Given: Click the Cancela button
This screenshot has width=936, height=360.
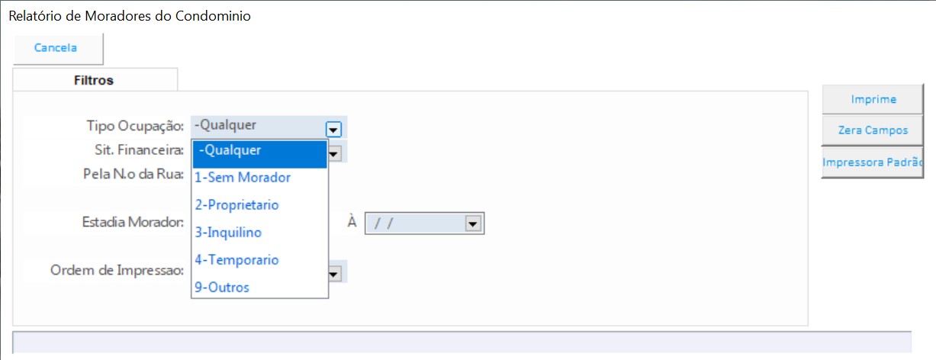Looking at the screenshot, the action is point(58,49).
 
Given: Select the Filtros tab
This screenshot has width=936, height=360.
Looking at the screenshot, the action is point(95,80).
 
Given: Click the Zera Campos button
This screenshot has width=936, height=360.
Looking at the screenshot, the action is point(873,130).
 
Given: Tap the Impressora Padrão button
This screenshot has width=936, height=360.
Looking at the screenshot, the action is point(873,162).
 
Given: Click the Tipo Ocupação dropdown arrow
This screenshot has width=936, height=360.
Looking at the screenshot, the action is point(333,130).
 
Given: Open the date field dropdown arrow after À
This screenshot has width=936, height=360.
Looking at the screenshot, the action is point(473,223).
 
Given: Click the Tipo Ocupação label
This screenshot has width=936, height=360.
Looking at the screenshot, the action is point(135,126).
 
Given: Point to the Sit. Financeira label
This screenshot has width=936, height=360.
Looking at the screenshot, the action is point(139,150).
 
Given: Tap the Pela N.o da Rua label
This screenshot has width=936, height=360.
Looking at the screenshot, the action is point(133,174).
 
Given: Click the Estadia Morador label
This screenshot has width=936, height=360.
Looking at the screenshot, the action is point(133,222).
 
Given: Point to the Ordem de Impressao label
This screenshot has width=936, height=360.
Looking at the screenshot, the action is point(117,270).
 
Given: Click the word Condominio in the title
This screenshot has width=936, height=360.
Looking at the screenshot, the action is point(213,16).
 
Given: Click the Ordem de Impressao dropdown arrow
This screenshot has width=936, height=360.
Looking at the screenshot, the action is point(334,274).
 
